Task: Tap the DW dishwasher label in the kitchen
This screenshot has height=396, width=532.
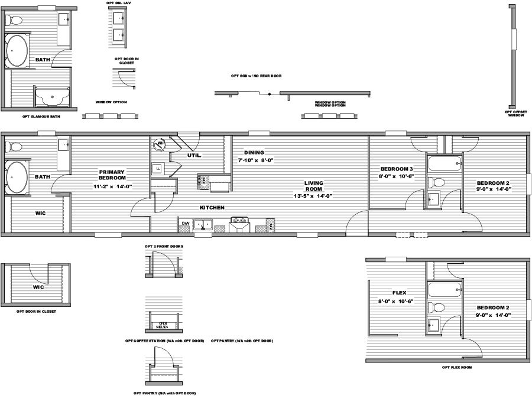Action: pyautogui.click(x=185, y=224)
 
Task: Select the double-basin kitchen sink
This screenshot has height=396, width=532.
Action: pyautogui.click(x=205, y=224)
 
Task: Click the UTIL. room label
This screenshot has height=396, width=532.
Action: pyautogui.click(x=195, y=155)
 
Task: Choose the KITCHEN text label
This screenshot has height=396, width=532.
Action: pyautogui.click(x=211, y=208)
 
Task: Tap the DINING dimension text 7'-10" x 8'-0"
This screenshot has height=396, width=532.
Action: pyautogui.click(x=255, y=160)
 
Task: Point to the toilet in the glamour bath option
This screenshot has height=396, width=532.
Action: pyautogui.click(x=16, y=21)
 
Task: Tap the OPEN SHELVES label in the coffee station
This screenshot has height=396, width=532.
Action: pyautogui.click(x=162, y=325)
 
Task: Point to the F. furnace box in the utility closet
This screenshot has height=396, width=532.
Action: pyautogui.click(x=158, y=168)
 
